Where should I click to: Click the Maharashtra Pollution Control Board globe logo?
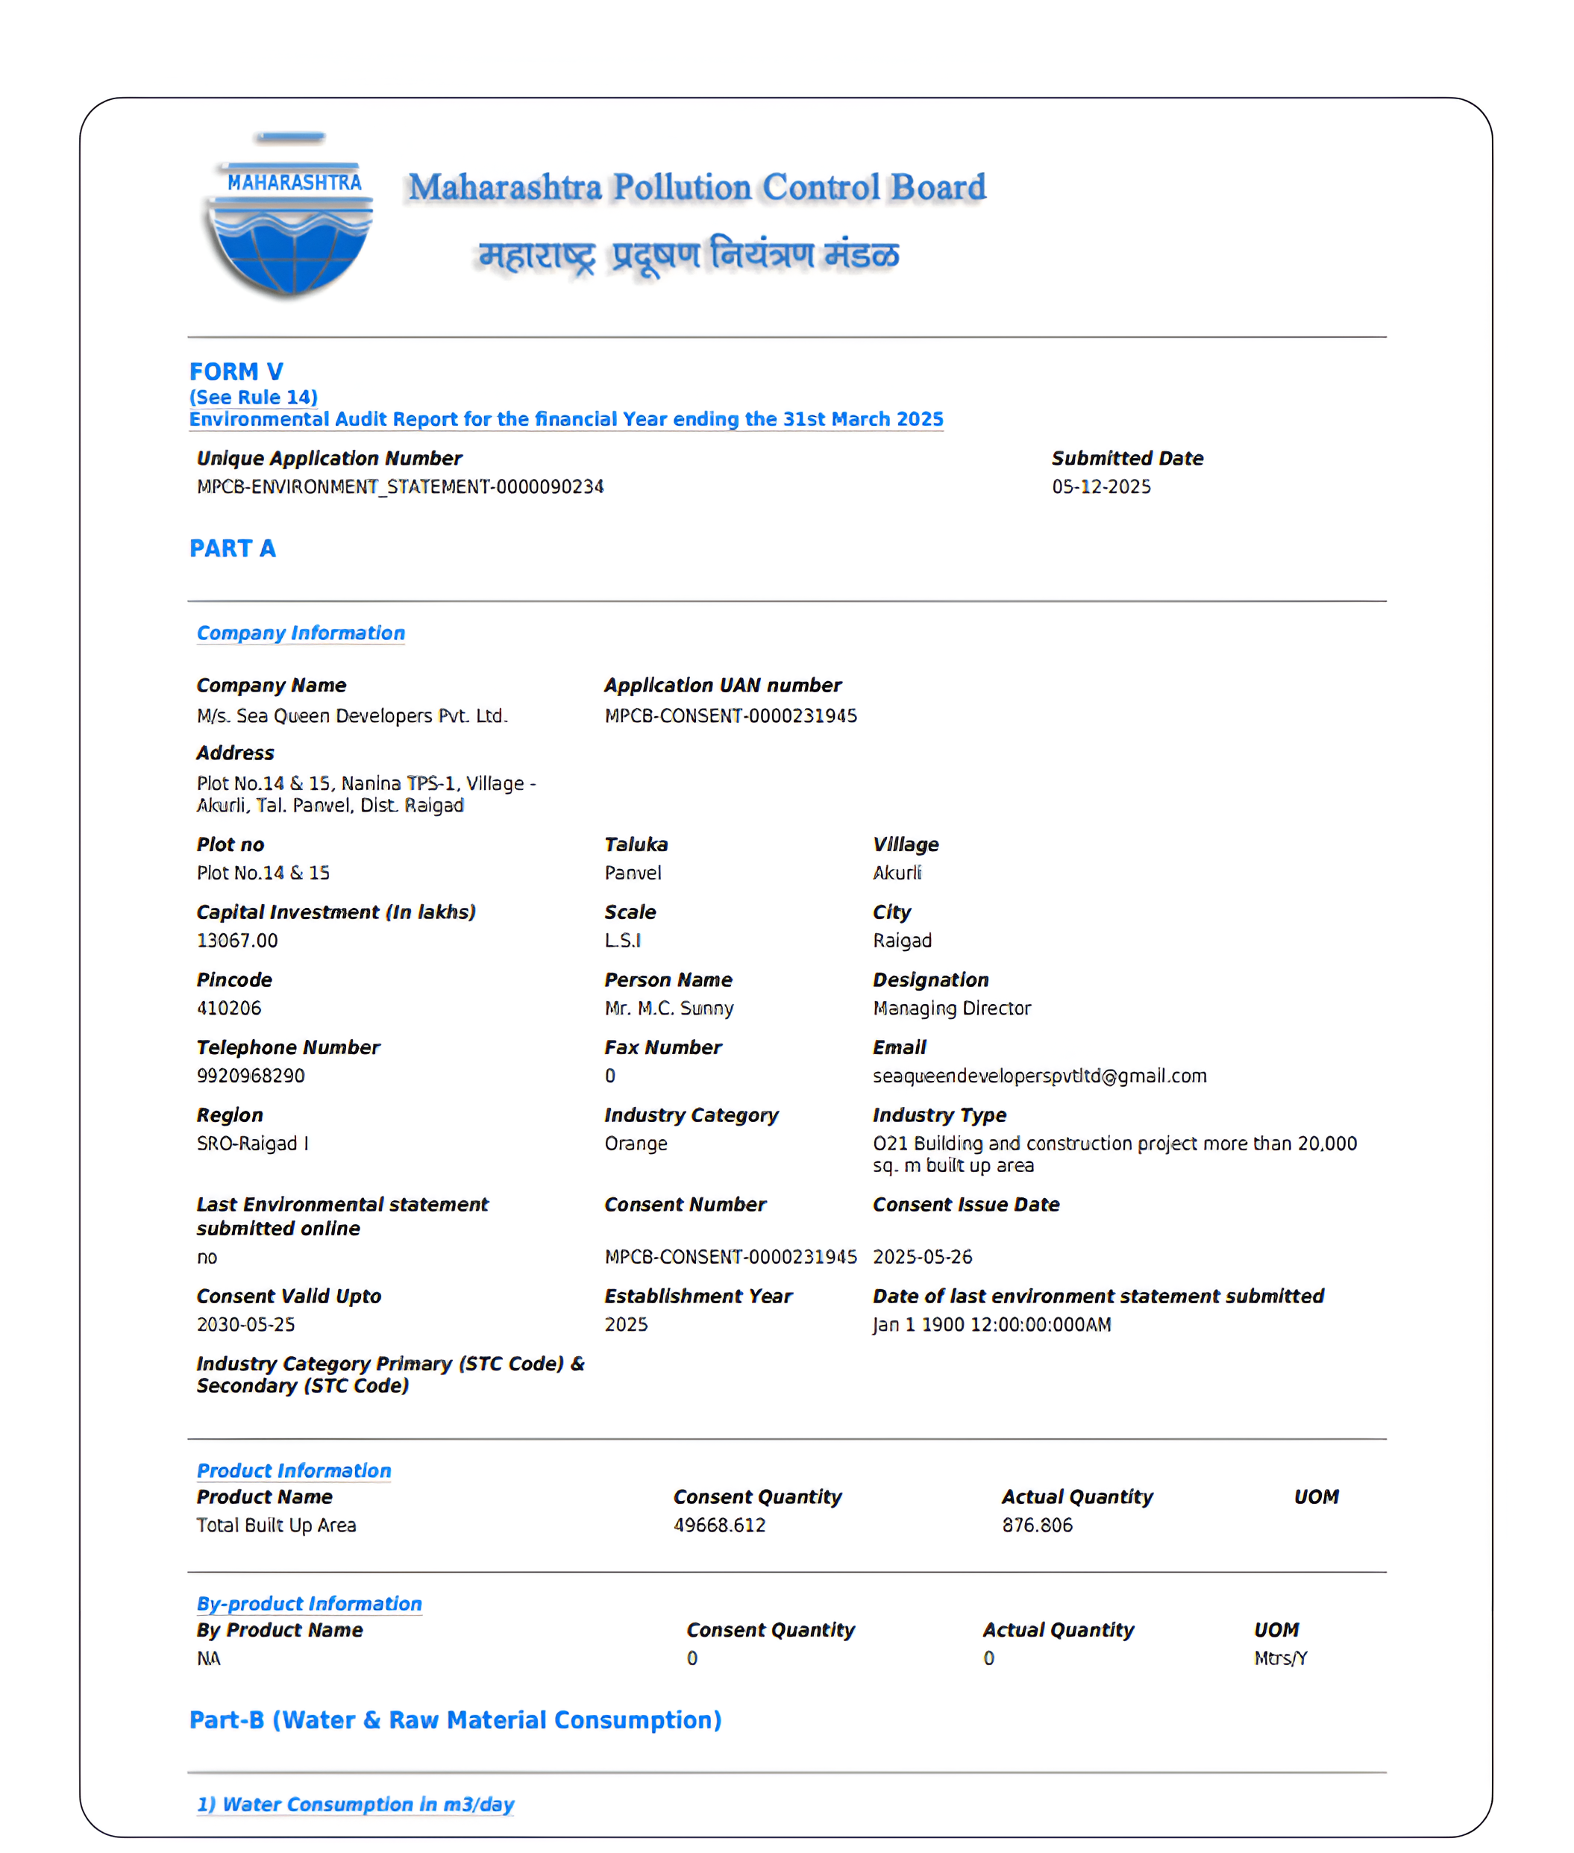291,219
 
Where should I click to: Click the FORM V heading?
236,371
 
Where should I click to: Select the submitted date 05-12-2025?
1101,486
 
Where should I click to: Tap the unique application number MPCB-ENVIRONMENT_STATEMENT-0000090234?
400,486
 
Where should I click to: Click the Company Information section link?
301,633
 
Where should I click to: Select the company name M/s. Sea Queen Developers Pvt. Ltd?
351,715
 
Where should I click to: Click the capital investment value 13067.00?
237,941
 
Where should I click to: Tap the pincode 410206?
229,1008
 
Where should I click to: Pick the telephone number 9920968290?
251,1076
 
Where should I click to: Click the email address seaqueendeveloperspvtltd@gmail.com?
1040,1076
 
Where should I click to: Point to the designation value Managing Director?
951,1008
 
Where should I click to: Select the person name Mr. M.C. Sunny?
668,1008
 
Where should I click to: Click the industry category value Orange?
636,1144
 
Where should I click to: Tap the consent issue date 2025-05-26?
922,1257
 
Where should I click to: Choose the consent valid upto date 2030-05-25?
245,1325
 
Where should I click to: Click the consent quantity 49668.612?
719,1526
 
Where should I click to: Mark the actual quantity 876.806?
1037,1526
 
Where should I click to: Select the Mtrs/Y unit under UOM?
1280,1658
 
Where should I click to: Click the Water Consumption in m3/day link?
355,1805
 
